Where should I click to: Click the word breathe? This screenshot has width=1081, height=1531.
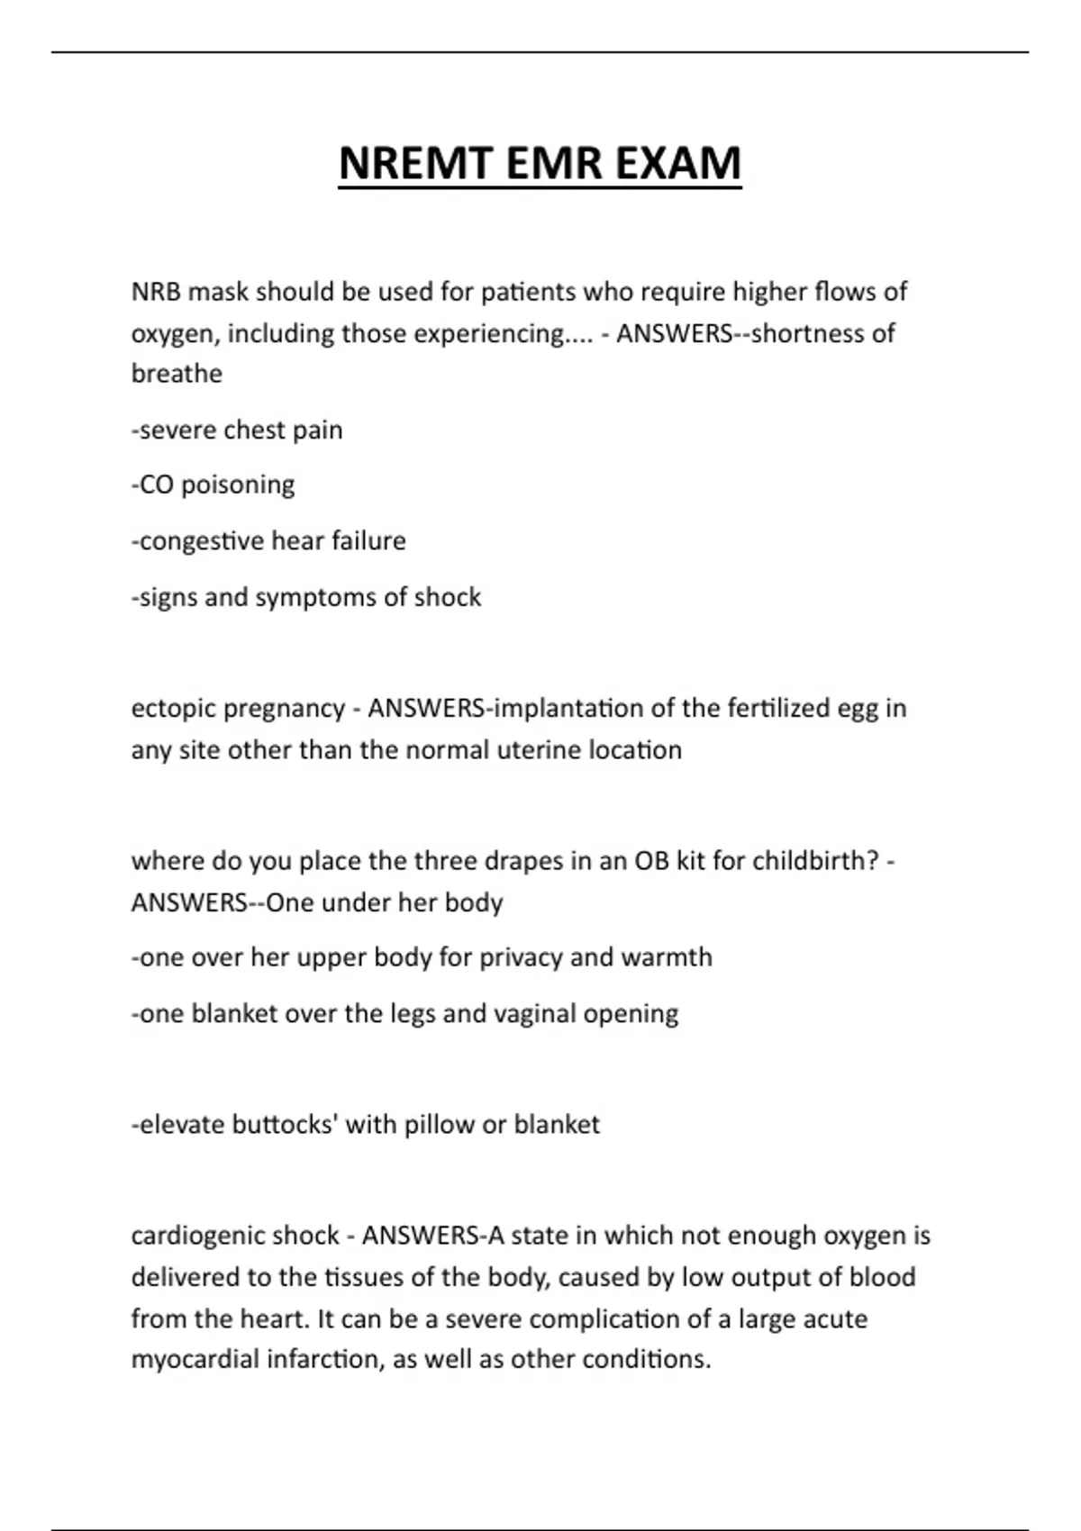(177, 374)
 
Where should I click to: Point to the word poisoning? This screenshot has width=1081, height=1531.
(238, 485)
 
